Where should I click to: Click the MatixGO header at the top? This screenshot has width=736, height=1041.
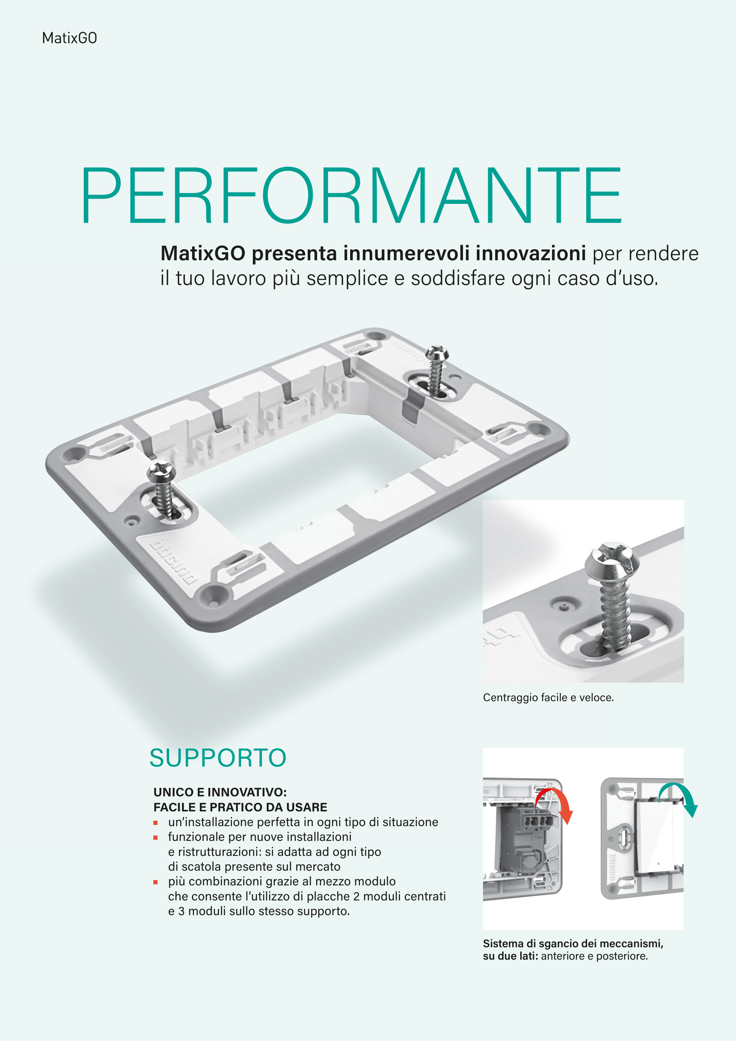tap(69, 38)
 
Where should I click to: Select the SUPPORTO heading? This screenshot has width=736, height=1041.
tap(218, 758)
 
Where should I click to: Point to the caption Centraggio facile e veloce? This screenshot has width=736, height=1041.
tap(548, 697)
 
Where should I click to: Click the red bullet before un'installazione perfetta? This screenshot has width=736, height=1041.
tap(156, 823)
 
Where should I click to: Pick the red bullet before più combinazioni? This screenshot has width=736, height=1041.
tap(156, 882)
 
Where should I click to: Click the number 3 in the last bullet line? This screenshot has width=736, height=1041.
tap(181, 911)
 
